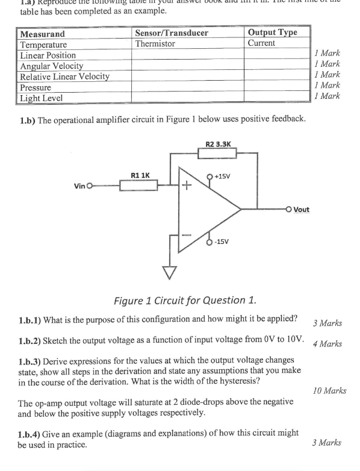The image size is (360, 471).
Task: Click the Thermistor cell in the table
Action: [155, 44]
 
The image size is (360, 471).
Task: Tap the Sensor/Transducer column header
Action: [172, 33]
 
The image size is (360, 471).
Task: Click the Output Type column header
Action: [273, 33]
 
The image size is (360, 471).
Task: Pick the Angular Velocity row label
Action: [52, 66]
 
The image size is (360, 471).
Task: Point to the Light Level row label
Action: [42, 98]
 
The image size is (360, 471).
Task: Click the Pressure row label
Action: [38, 87]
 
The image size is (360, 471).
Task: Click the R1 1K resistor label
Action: [141, 175]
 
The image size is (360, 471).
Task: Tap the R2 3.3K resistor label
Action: [218, 145]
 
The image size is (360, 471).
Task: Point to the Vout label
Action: [301, 210]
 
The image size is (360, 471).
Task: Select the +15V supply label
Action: [224, 177]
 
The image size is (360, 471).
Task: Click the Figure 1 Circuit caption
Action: [181, 299]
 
